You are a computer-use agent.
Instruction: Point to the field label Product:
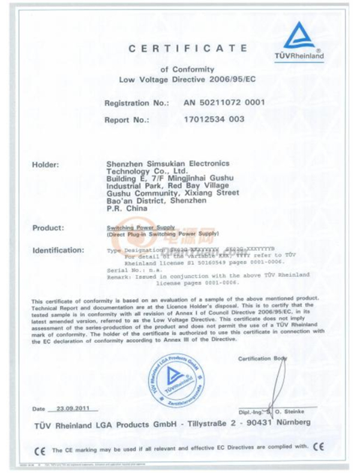coord(48,228)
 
